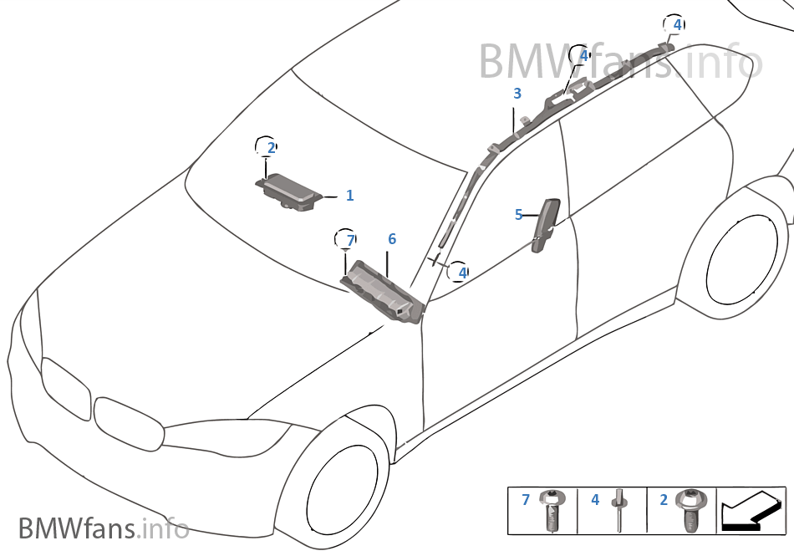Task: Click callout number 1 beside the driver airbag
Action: (x=349, y=196)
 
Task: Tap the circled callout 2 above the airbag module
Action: (x=270, y=148)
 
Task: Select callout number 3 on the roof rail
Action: (x=517, y=94)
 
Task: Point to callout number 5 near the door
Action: (x=518, y=215)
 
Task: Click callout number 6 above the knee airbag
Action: (x=391, y=240)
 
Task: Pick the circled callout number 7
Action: (x=349, y=241)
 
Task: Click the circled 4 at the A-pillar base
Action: (x=461, y=272)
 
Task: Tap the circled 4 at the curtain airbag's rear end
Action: (x=676, y=24)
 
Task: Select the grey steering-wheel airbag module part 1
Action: (x=289, y=189)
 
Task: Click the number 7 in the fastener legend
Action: (x=526, y=500)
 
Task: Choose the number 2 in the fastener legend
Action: (x=664, y=500)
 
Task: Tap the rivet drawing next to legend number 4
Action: (x=618, y=509)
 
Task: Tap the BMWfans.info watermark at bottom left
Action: (x=103, y=528)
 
